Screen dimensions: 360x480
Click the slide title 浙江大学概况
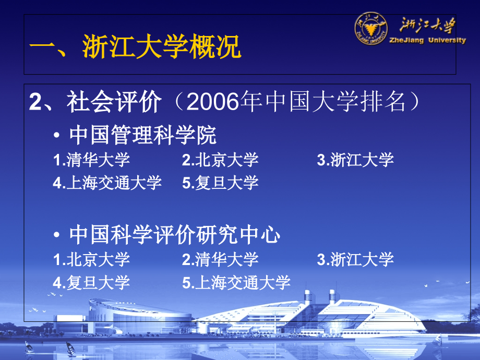coord(162,48)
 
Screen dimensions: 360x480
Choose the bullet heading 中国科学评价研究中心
coord(174,236)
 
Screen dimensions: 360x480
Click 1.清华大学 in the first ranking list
coord(91,160)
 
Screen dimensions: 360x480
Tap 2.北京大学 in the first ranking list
coord(220,160)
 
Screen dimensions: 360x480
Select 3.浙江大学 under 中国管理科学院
coord(355,160)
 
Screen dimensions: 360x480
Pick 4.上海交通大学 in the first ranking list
coord(107,183)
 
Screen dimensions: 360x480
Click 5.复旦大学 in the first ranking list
coord(220,183)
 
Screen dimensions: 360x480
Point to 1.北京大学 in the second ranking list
coord(91,259)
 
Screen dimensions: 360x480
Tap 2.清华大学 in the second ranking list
coord(220,259)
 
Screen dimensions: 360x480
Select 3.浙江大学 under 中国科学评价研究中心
coord(355,259)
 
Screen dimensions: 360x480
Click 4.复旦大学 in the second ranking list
coord(91,283)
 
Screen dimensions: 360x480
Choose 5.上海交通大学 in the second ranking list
coord(236,283)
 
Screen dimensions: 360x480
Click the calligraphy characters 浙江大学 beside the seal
coord(428,25)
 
